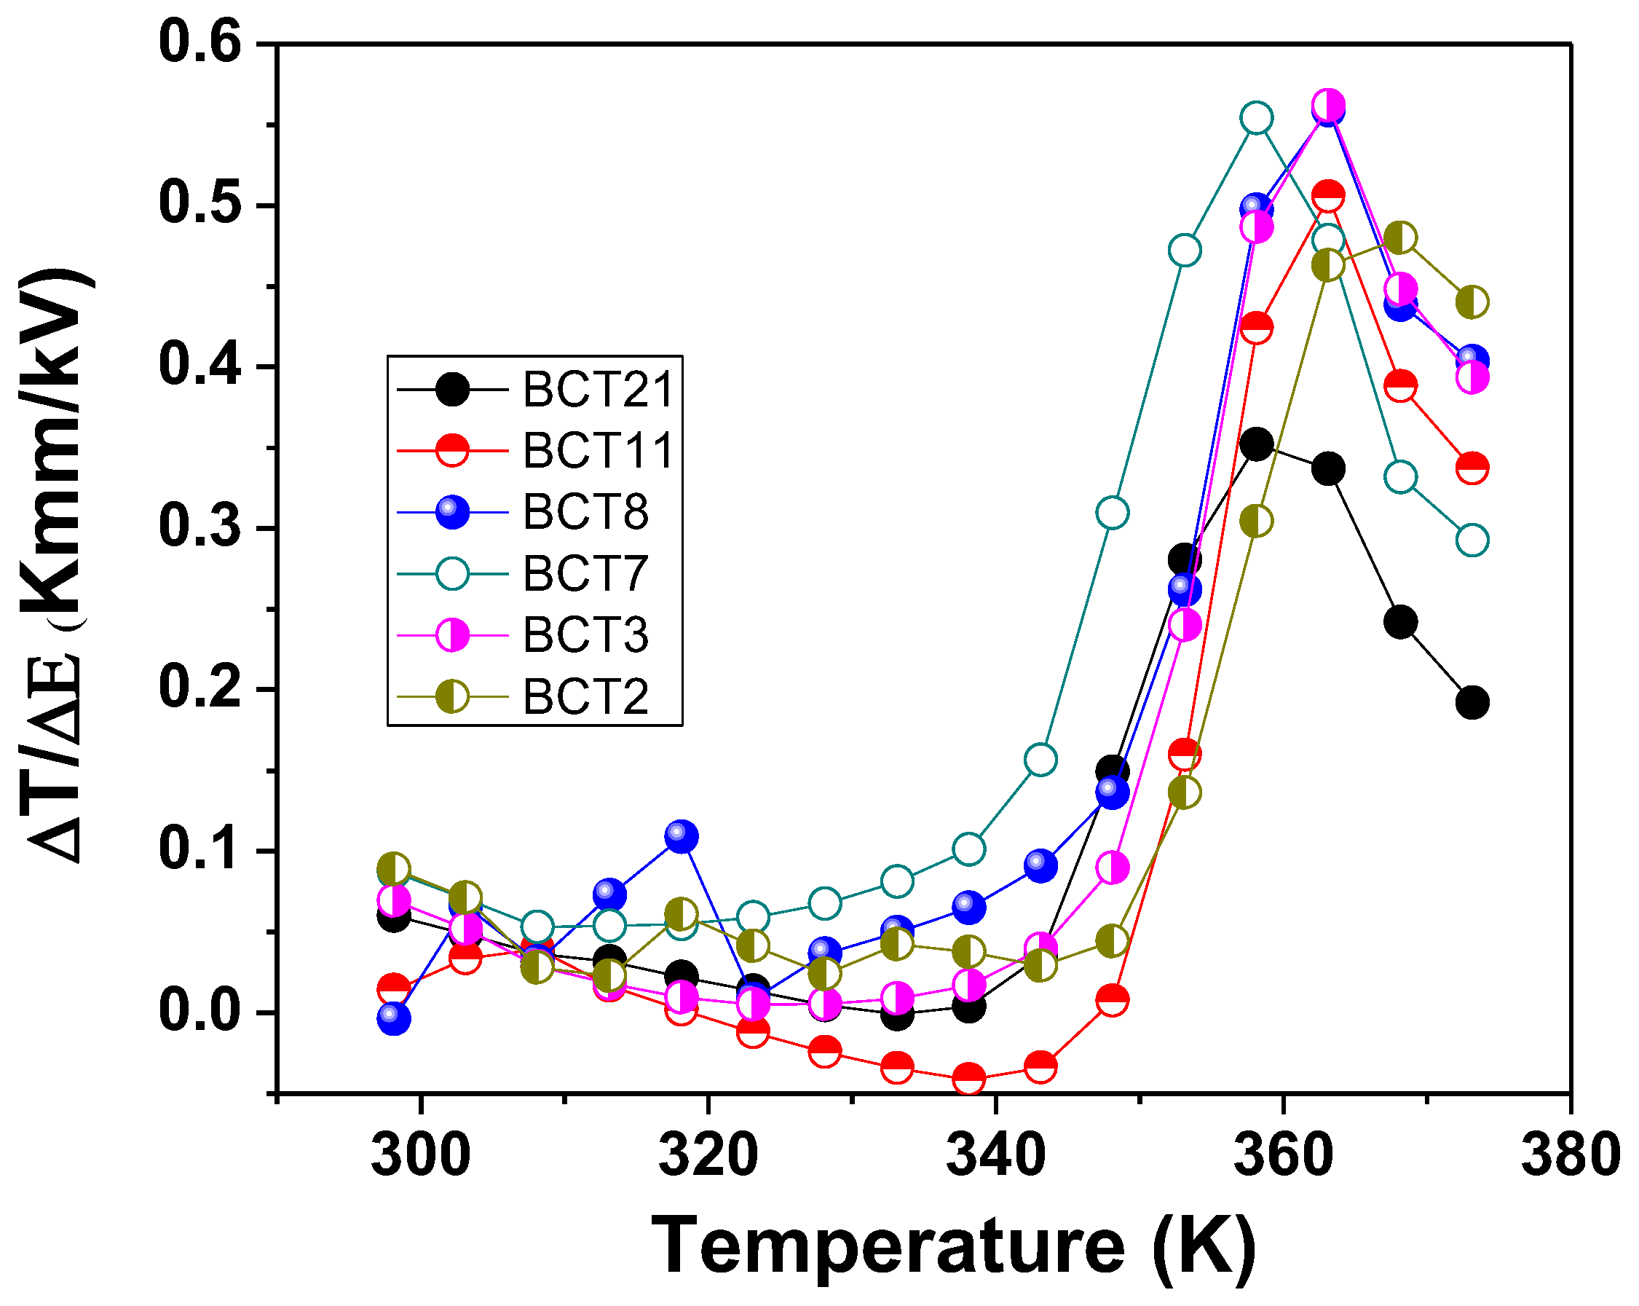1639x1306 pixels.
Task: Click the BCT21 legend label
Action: pyautogui.click(x=599, y=390)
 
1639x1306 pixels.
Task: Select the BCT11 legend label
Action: pyautogui.click(x=599, y=451)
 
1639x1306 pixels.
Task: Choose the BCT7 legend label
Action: pyautogui.click(x=585, y=573)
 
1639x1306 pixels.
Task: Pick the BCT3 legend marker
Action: pyautogui.click(x=452, y=634)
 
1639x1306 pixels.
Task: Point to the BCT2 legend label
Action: pyautogui.click(x=585, y=696)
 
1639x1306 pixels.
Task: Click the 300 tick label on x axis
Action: pyautogui.click(x=420, y=1154)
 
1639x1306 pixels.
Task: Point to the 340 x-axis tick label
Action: pyautogui.click(x=995, y=1154)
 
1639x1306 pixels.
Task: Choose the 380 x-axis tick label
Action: pyautogui.click(x=1569, y=1154)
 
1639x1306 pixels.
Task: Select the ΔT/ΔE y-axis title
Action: pyautogui.click(x=57, y=567)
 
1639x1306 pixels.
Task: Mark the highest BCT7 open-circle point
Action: pyautogui.click(x=1257, y=118)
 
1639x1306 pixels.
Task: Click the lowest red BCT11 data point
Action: pyautogui.click(x=968, y=1078)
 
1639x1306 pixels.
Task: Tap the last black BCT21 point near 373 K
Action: pyautogui.click(x=1472, y=702)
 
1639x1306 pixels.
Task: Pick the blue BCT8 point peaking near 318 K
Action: pyautogui.click(x=681, y=837)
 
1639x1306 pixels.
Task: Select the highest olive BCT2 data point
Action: pyautogui.click(x=1400, y=237)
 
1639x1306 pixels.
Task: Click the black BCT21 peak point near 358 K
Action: pyautogui.click(x=1257, y=444)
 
